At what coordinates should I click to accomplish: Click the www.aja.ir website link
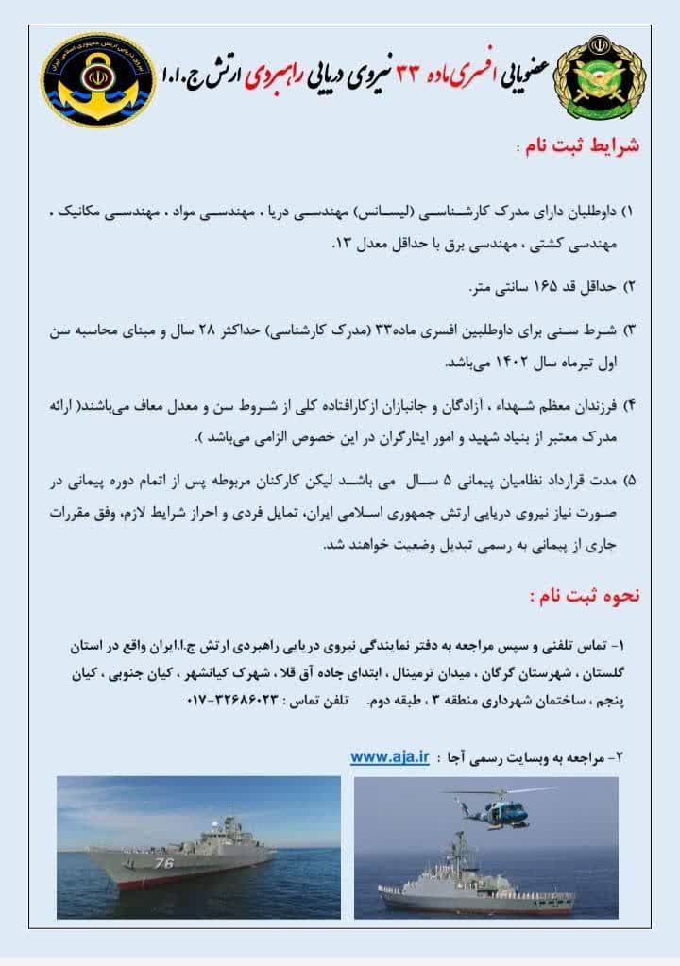pos(390,756)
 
